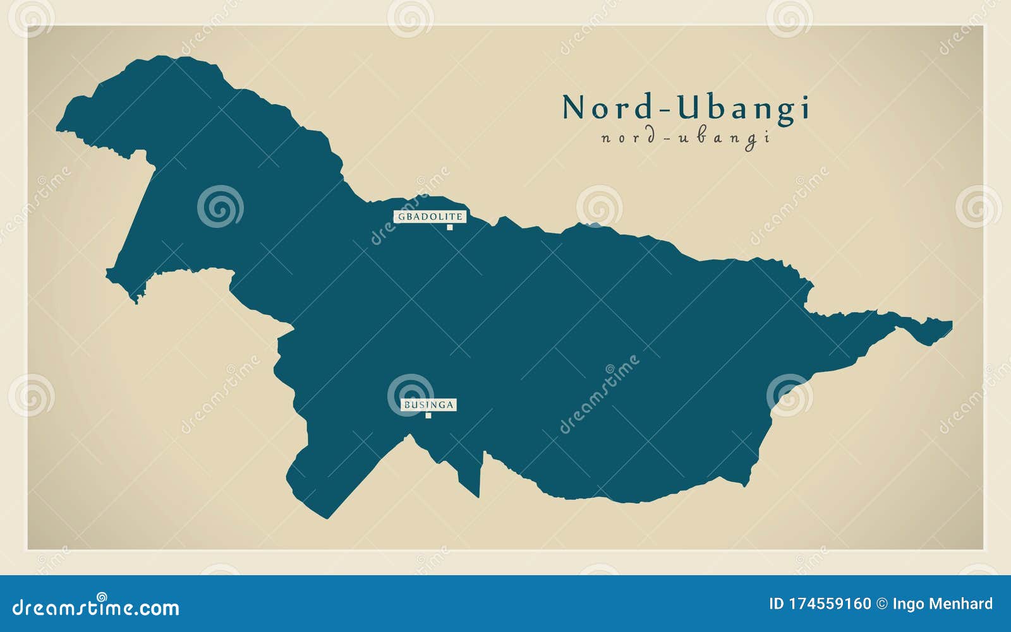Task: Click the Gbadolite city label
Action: pos(430,217)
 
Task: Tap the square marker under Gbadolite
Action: pos(450,227)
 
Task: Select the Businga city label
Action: pos(429,405)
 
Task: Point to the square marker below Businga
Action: pos(428,415)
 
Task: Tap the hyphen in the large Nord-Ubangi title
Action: pos(665,110)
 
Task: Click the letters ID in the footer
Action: pos(776,604)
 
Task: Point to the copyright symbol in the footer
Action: pos(882,604)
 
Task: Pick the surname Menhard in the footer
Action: pos(960,604)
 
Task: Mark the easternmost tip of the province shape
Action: pos(951,325)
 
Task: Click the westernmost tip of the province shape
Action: pos(58,129)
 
